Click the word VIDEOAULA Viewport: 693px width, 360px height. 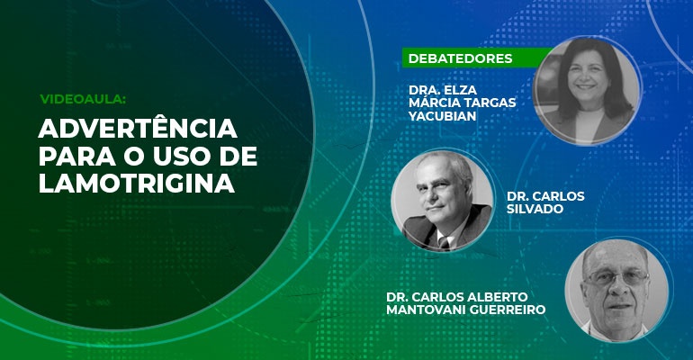point(83,99)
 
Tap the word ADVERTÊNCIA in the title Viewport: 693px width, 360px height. point(138,129)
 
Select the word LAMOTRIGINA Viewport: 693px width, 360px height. point(137,183)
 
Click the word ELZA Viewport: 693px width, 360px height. point(459,90)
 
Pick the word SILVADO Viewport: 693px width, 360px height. point(535,209)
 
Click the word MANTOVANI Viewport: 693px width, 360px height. point(426,310)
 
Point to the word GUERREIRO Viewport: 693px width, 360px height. point(507,310)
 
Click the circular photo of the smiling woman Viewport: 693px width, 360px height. point(588,90)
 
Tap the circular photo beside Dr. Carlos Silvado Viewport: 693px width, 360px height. point(443,200)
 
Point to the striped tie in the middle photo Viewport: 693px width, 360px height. point(444,242)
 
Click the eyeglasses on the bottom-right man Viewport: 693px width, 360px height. point(616,278)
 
